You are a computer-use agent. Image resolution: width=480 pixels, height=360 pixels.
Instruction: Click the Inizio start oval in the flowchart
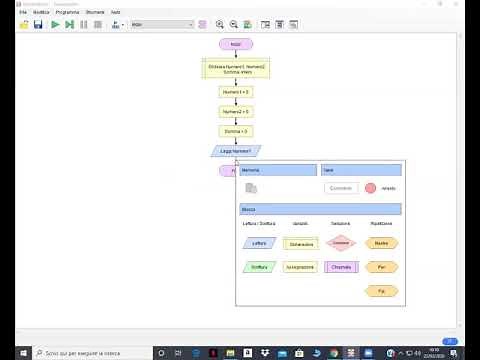point(236,44)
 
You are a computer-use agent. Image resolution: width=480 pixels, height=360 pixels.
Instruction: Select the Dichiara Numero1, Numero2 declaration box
point(236,69)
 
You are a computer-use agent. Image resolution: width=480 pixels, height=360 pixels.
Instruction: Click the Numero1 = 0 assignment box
point(236,92)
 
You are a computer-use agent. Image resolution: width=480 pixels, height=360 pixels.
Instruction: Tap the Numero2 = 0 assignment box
point(236,112)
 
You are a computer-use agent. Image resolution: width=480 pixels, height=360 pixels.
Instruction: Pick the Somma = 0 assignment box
point(236,131)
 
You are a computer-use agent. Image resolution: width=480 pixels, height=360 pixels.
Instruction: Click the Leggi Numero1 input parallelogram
point(236,151)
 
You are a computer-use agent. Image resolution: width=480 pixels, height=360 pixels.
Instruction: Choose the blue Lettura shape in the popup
point(259,243)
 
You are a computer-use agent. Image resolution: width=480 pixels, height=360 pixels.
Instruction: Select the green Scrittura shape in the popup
point(259,267)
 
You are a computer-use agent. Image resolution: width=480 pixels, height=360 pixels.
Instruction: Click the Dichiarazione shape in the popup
point(301,243)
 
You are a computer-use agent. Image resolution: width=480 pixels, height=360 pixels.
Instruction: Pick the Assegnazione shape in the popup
point(301,268)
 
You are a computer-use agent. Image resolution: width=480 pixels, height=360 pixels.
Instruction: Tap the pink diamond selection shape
point(342,243)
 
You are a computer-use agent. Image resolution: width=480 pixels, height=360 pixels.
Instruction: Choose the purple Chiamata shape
point(342,267)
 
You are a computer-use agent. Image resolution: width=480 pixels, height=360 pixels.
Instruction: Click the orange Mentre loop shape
point(381,243)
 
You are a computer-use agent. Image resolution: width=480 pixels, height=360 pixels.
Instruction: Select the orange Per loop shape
point(381,267)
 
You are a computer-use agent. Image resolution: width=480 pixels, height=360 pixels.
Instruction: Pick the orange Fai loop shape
point(381,290)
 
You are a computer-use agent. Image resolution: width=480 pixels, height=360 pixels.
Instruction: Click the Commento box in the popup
point(341,188)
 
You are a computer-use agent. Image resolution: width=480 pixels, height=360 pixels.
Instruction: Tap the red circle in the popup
point(371,188)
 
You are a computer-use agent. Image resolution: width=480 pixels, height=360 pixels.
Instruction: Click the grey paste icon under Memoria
point(252,188)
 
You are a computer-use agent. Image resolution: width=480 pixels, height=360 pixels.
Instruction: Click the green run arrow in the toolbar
point(55,23)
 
